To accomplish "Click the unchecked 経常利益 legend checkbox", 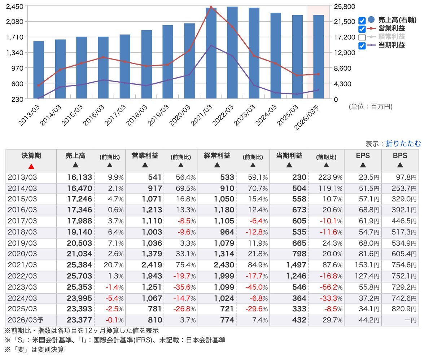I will (x=362, y=37).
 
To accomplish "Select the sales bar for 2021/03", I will (x=211, y=54).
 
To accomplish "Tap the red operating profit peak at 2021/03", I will (x=211, y=7).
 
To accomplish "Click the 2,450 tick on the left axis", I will (x=15, y=6).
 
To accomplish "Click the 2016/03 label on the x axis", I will (x=96, y=113).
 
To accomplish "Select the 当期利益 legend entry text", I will (x=392, y=45).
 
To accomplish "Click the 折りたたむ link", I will (x=403, y=144).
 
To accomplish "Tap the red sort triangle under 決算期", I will (x=31, y=166).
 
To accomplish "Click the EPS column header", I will (x=363, y=156).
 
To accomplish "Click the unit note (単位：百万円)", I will (x=370, y=107).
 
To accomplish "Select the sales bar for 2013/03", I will (x=39, y=70).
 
